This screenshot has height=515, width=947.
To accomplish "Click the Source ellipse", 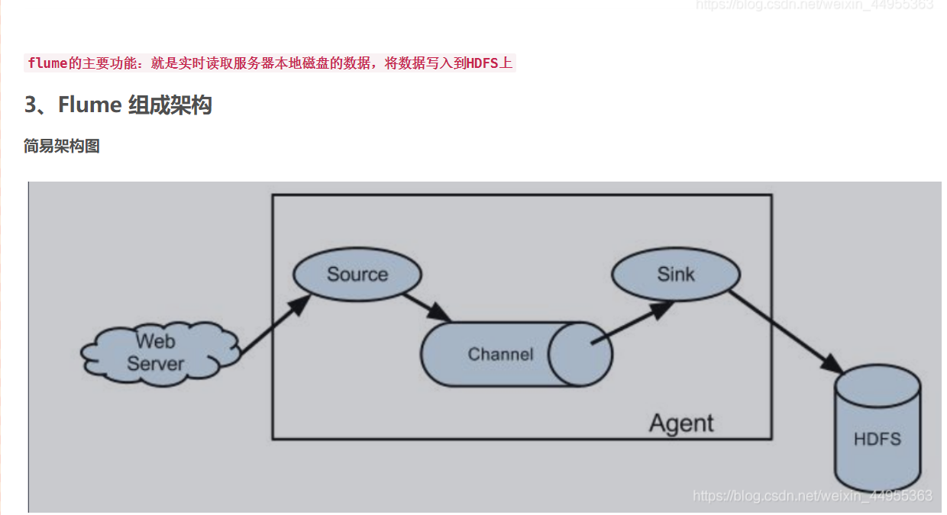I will point(357,275).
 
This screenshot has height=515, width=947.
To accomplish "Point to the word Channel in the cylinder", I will point(500,354).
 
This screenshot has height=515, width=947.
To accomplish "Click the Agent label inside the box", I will point(681,423).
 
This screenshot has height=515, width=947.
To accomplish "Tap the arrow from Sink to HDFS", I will point(786,331).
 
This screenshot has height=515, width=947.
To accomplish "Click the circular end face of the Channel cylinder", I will point(580,354).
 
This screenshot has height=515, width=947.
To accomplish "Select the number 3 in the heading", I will point(31,105).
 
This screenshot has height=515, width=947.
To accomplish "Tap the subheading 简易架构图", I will point(62,146).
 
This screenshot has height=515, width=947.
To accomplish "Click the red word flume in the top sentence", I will point(47,63).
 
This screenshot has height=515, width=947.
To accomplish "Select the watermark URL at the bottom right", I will point(813,496).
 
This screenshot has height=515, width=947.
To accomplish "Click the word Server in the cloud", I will point(155,364).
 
